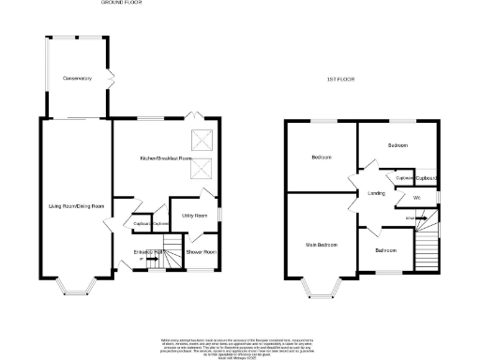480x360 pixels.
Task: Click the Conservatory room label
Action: pyautogui.click(x=76, y=79)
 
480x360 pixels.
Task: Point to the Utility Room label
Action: pyautogui.click(x=194, y=215)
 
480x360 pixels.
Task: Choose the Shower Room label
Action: pyautogui.click(x=201, y=252)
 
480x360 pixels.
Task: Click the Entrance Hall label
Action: pyautogui.click(x=150, y=252)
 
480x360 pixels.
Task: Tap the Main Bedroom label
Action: pyautogui.click(x=321, y=245)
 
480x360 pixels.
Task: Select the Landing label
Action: pyautogui.click(x=377, y=194)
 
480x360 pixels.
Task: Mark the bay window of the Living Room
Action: pyautogui.click(x=76, y=284)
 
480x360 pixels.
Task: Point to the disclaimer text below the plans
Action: pyautogui.click(x=240, y=344)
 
